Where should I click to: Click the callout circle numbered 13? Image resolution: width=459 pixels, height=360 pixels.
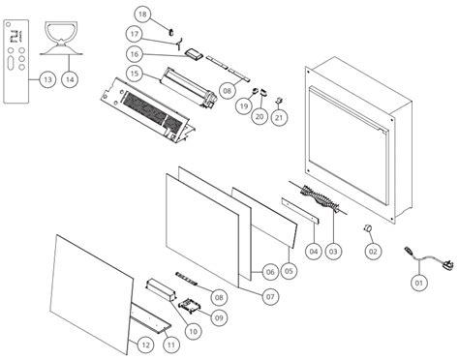point(47,79)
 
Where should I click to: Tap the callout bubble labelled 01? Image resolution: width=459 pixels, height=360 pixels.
point(419,283)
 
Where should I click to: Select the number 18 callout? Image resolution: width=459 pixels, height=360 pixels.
point(142,15)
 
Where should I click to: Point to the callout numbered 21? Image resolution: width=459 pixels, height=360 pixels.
point(279,117)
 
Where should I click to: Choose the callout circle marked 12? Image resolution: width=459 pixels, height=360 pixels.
point(146,345)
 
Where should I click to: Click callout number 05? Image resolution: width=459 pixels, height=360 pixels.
point(289,271)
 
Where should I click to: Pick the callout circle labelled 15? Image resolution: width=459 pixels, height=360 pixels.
point(135,74)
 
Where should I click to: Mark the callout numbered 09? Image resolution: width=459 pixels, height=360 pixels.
point(219,317)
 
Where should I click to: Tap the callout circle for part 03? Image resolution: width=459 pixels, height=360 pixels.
point(333,251)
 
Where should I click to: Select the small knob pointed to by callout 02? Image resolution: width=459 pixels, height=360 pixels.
point(366,227)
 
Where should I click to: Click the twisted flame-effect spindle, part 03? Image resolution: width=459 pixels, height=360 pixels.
point(320,196)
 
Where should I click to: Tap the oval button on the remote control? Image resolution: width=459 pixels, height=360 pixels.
point(11,63)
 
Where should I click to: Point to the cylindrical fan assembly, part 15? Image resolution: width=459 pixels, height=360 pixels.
point(189,86)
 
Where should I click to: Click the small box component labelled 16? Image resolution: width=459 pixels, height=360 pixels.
point(194,54)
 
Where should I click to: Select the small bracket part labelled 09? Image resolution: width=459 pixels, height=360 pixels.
point(190,306)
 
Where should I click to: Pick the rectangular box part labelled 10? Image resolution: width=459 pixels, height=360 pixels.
point(162,290)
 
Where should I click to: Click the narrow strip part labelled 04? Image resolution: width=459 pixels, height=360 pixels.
point(300,211)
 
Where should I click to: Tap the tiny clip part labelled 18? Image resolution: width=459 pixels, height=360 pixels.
point(171,31)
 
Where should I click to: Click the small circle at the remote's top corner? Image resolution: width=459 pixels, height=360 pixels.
point(9,24)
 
